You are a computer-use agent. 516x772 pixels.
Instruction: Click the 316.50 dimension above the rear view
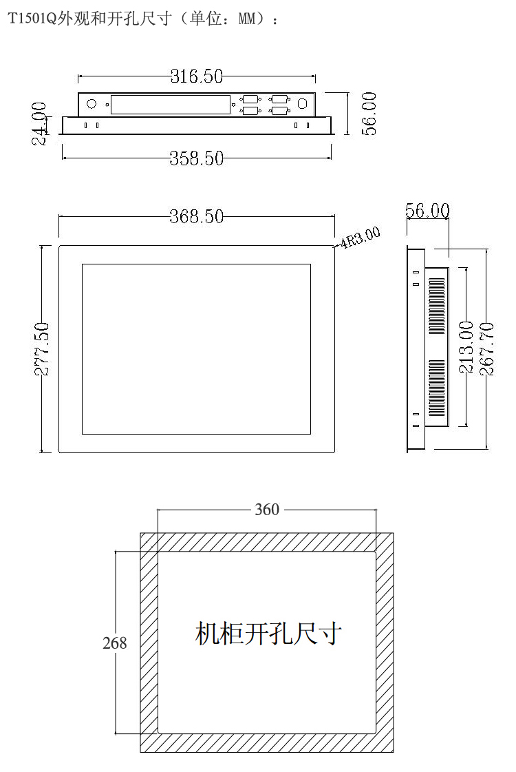click(x=197, y=76)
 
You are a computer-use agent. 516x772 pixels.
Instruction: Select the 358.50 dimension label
click(x=197, y=158)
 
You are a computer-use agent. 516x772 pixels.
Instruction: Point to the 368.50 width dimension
click(x=197, y=216)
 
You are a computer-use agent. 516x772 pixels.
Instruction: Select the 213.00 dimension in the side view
click(x=466, y=346)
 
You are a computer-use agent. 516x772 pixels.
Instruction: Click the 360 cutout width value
click(x=267, y=510)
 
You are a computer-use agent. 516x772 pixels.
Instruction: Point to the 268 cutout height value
click(x=114, y=643)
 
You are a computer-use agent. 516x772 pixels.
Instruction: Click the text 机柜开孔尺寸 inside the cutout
click(x=268, y=633)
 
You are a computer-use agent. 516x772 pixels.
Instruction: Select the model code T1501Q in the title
click(x=32, y=19)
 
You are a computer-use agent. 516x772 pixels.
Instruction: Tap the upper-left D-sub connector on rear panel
click(x=250, y=100)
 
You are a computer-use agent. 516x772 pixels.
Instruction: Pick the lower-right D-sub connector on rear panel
click(x=279, y=110)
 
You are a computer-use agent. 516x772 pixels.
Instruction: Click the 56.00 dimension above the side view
click(x=427, y=210)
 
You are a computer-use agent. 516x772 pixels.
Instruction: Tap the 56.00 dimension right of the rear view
click(x=369, y=114)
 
